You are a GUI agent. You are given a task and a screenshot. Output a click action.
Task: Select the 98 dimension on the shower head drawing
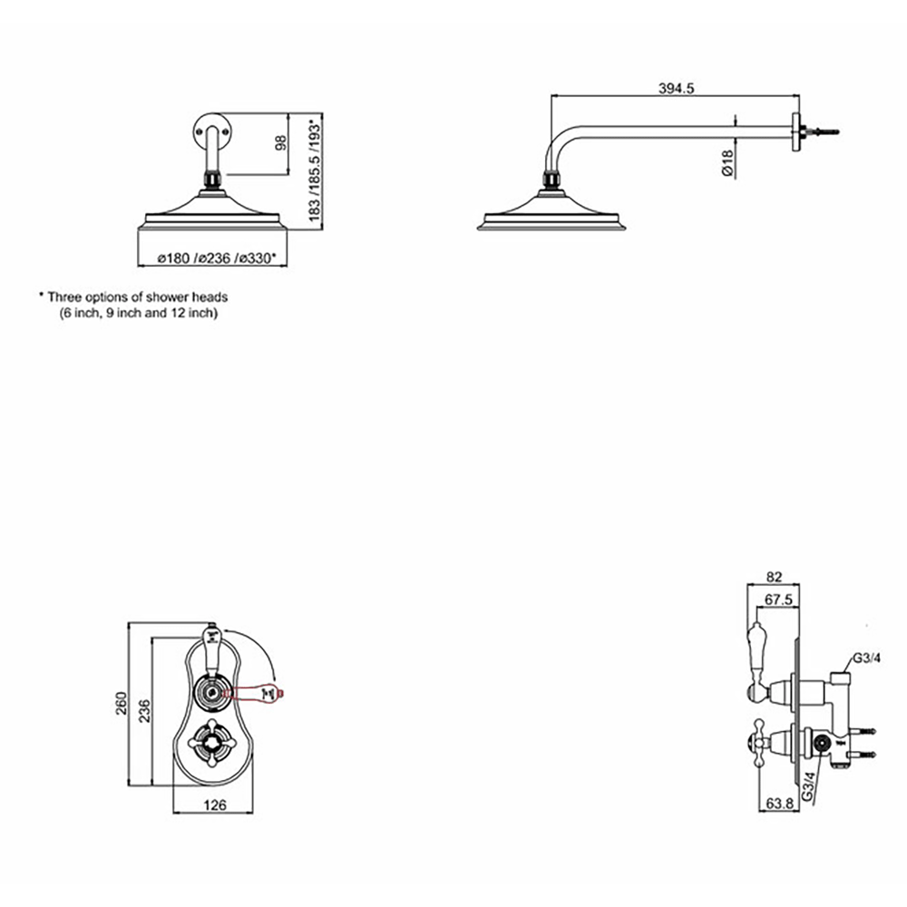click(280, 143)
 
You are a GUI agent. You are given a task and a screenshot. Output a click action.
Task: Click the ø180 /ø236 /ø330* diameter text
click(216, 258)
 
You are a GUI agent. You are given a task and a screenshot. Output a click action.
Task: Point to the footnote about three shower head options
click(132, 304)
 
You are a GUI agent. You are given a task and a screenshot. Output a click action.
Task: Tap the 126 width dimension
click(214, 803)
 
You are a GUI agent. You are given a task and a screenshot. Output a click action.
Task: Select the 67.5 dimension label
click(780, 599)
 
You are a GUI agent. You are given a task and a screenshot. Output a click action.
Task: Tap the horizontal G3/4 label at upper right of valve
click(866, 658)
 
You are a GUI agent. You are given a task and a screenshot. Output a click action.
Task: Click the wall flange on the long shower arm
click(797, 132)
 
